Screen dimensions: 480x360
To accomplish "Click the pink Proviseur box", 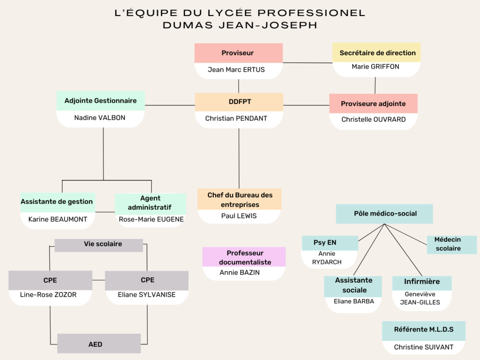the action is (x=239, y=53).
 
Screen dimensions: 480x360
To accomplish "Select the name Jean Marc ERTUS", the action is (x=236, y=70).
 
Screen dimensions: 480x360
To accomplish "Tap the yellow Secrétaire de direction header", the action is (x=376, y=52).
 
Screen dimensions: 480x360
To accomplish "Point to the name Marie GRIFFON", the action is (x=375, y=67).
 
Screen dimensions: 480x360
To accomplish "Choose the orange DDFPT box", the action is (x=239, y=102).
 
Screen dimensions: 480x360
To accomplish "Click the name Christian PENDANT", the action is (x=236, y=119).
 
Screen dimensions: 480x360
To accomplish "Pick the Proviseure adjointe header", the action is (x=374, y=104).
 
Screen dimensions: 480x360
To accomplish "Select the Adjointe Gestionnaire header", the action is (x=100, y=101).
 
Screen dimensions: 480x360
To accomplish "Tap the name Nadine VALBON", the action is (x=100, y=118).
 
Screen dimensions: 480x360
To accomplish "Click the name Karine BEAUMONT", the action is (x=58, y=219).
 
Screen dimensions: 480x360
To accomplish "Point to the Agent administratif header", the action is (x=150, y=203).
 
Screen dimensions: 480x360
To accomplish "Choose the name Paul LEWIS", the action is (x=239, y=216).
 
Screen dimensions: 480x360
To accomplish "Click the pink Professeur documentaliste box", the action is (x=244, y=257).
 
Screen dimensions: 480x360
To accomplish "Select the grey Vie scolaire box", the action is (x=98, y=245).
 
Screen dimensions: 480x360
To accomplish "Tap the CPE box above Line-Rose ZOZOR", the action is (x=50, y=280).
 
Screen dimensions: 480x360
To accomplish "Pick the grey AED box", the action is (x=99, y=344).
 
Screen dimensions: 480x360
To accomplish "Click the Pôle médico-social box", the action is (x=384, y=214).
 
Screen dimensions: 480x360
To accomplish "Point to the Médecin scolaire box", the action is (x=452, y=245).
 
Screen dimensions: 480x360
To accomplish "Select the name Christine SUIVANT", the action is (x=424, y=347).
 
